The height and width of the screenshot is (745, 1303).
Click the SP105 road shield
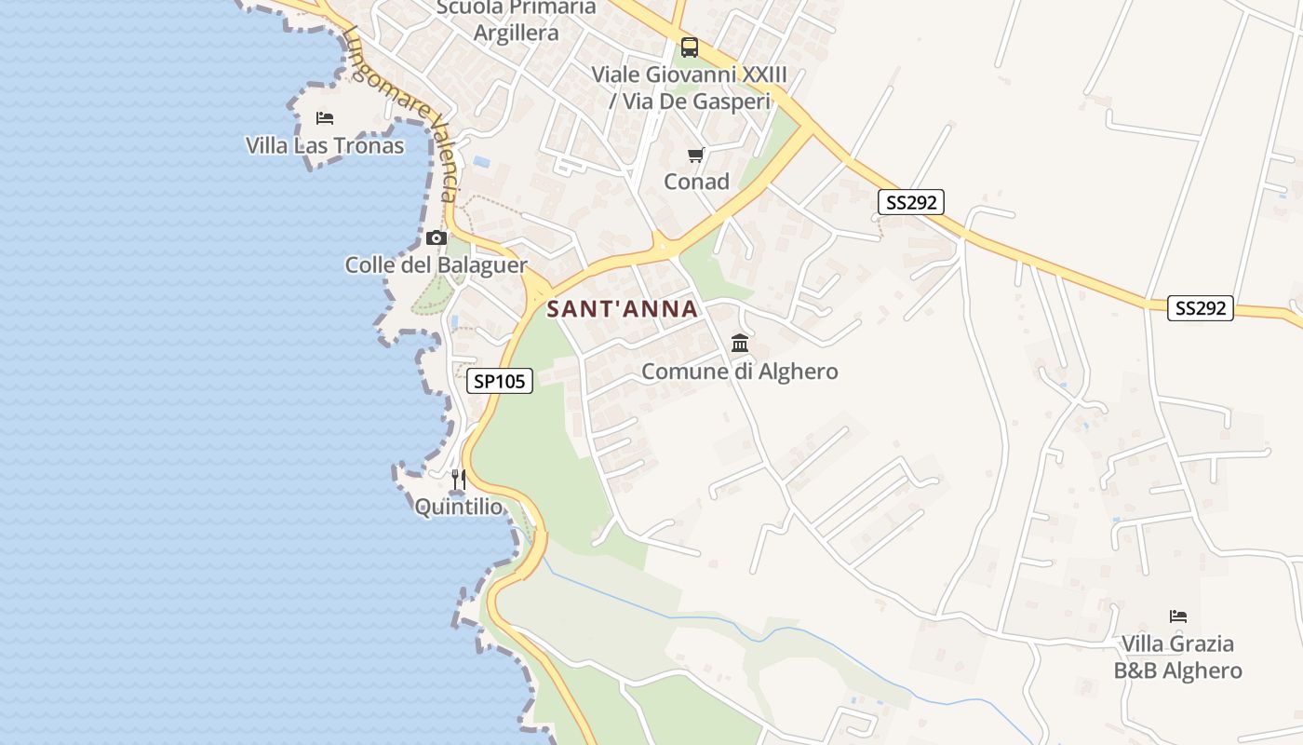(500, 380)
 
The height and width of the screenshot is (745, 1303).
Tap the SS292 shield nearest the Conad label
(910, 202)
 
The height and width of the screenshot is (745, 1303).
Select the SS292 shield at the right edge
(1200, 308)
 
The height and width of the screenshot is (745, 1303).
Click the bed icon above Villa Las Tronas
(324, 118)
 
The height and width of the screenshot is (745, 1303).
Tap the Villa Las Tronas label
(325, 145)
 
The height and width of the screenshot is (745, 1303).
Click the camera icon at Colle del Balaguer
(436, 238)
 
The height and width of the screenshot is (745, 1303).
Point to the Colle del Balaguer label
(436, 264)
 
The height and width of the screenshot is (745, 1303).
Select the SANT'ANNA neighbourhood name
(622, 309)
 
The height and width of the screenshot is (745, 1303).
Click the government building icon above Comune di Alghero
(740, 344)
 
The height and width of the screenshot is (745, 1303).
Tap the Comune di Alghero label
(740, 372)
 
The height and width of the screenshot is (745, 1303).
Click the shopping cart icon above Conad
(695, 155)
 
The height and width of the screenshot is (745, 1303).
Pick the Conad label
(696, 182)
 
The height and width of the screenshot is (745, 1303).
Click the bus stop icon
(689, 47)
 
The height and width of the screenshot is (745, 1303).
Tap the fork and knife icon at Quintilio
(458, 480)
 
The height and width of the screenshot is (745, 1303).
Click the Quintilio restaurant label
(458, 508)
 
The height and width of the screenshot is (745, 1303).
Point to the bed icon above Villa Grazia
(1177, 616)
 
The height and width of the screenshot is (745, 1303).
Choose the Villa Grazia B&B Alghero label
(1177, 657)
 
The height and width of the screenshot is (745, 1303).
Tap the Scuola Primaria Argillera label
(517, 20)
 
